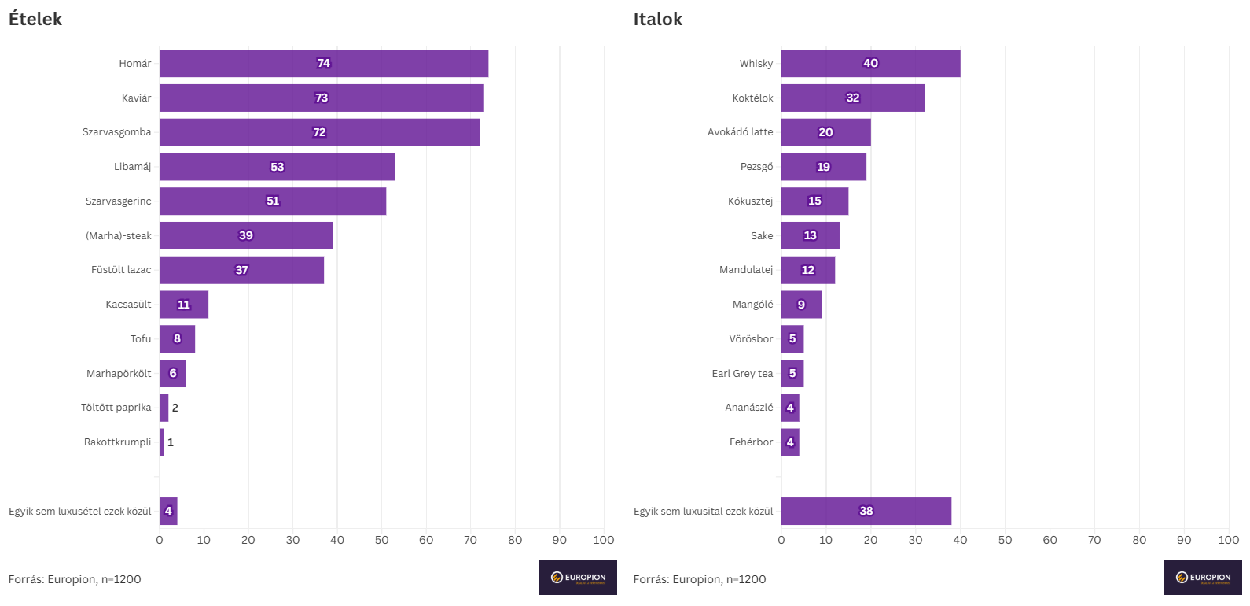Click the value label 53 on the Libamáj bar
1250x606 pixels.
(278, 167)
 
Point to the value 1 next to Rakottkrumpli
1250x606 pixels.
(171, 442)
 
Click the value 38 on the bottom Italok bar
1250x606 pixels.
(866, 511)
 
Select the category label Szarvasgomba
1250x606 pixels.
(116, 132)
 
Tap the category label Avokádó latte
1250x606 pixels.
(740, 132)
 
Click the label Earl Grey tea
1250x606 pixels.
(742, 374)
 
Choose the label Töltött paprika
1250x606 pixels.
(116, 408)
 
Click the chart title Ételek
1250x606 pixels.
(35, 19)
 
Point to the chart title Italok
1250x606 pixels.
(658, 19)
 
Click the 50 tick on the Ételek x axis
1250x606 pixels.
(382, 540)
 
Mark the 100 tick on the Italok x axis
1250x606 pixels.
(1228, 540)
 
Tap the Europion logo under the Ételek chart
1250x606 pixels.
(578, 578)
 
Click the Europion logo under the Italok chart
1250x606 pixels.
(1203, 578)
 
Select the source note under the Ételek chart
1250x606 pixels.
(75, 579)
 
